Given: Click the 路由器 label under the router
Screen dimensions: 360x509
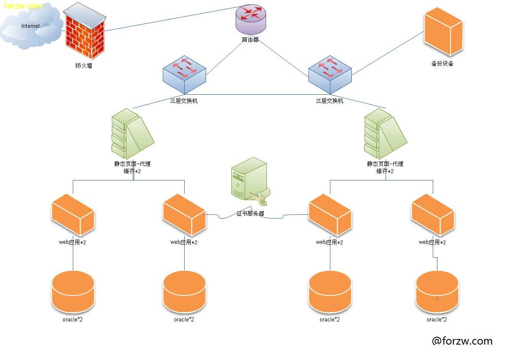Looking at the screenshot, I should click(x=250, y=40).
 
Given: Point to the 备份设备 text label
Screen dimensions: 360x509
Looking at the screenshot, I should click(x=442, y=64).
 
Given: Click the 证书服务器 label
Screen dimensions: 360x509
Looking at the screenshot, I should click(x=250, y=213).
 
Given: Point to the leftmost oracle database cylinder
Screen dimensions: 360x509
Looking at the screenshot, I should click(x=73, y=292).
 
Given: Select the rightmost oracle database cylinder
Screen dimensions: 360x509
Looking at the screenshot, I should click(x=437, y=292).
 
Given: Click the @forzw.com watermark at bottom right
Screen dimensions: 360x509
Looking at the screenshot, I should click(x=462, y=341).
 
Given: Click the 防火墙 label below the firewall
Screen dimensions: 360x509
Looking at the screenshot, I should click(x=84, y=66).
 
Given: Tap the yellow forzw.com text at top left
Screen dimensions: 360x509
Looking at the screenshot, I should click(x=24, y=6).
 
